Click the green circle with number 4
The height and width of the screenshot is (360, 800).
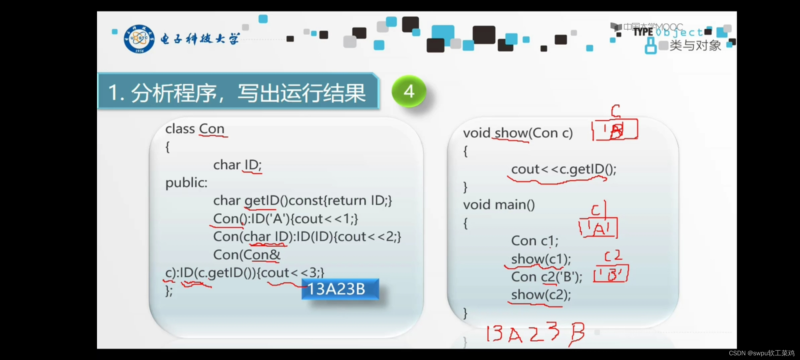(409, 91)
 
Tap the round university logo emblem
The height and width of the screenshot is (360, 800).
(139, 39)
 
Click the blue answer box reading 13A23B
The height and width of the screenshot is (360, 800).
(340, 289)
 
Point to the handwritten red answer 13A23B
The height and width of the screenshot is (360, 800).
(535, 333)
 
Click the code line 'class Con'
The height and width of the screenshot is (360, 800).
(195, 129)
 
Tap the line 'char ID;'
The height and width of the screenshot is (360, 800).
(237, 165)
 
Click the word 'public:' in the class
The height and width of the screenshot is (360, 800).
(186, 183)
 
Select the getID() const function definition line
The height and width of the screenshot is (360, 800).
(302, 201)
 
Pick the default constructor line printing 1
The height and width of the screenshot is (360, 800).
(285, 219)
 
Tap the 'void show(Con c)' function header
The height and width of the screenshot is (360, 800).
(518, 133)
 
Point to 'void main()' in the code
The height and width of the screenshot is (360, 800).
(499, 205)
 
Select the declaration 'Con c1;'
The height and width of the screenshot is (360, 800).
(535, 241)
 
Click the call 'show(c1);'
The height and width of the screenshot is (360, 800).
(541, 259)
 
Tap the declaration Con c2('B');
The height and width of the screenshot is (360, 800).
(547, 277)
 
